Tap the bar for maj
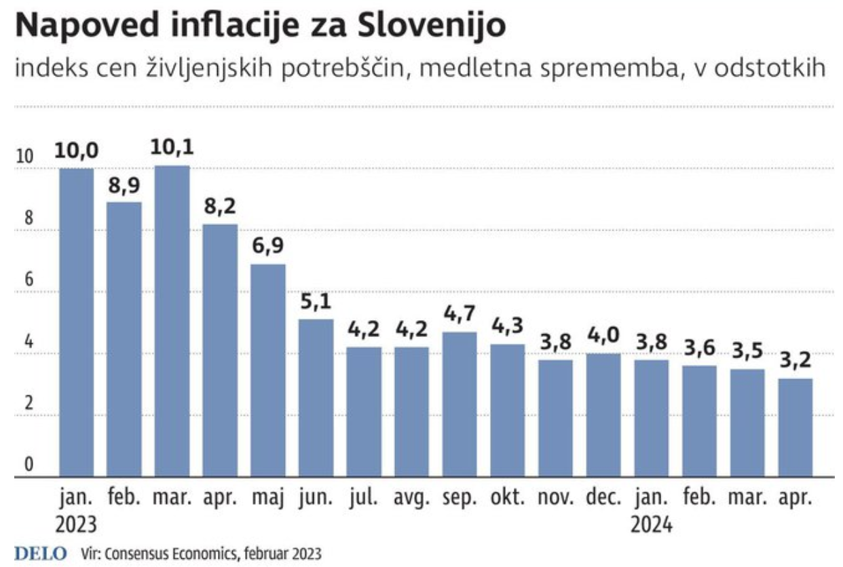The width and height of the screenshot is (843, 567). coord(268,370)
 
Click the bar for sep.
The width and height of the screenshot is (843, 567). coord(460,404)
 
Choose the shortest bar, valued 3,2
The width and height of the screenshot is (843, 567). coord(795,427)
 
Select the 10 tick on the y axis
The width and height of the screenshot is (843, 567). coord(25,157)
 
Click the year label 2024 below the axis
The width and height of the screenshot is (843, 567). coord(652,525)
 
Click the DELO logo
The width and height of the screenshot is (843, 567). coord(41,553)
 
